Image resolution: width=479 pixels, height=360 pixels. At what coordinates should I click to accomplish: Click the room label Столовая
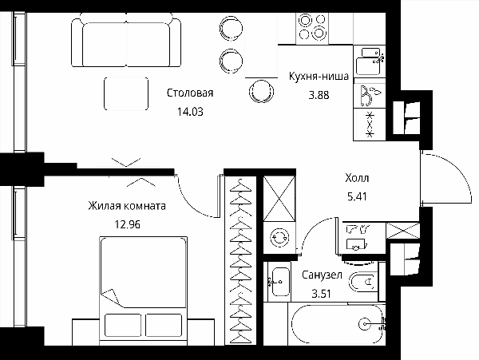190,93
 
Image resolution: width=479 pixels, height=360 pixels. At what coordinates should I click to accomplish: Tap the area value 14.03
190,112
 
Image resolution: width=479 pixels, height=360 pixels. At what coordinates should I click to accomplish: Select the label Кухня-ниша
319,77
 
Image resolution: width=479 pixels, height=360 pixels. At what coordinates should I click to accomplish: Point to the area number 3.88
319,95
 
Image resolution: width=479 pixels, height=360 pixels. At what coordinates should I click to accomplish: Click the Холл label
357,178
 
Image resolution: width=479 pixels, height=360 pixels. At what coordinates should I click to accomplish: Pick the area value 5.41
357,196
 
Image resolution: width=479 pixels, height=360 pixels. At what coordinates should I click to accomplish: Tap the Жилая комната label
127,206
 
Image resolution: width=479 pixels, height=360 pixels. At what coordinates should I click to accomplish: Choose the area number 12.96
127,225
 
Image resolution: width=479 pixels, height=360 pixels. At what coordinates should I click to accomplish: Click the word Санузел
322,275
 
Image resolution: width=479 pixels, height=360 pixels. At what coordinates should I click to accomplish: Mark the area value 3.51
322,294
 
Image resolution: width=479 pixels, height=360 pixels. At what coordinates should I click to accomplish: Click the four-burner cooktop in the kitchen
312,29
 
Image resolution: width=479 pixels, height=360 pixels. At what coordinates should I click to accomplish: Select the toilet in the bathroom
362,282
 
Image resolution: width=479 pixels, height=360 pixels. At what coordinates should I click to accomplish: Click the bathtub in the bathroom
337,324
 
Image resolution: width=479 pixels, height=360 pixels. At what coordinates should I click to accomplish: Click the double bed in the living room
143,291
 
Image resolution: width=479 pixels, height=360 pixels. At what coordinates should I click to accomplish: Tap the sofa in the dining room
126,40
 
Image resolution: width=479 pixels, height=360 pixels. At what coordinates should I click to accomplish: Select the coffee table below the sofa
126,93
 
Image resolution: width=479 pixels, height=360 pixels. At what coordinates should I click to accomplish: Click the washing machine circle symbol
279,237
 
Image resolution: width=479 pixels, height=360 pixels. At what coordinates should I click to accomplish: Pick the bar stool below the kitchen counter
262,91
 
